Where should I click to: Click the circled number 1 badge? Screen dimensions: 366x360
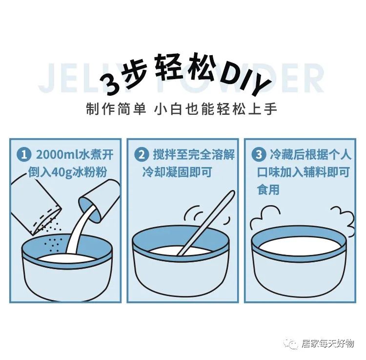point(24,155)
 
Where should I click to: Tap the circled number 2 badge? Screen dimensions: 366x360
point(142,155)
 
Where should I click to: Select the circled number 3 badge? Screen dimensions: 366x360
point(259,155)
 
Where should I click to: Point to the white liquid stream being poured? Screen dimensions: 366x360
point(79,231)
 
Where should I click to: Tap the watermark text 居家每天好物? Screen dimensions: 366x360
point(327,343)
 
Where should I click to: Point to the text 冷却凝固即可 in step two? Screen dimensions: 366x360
point(177,172)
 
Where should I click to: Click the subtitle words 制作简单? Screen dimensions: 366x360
point(116,109)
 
